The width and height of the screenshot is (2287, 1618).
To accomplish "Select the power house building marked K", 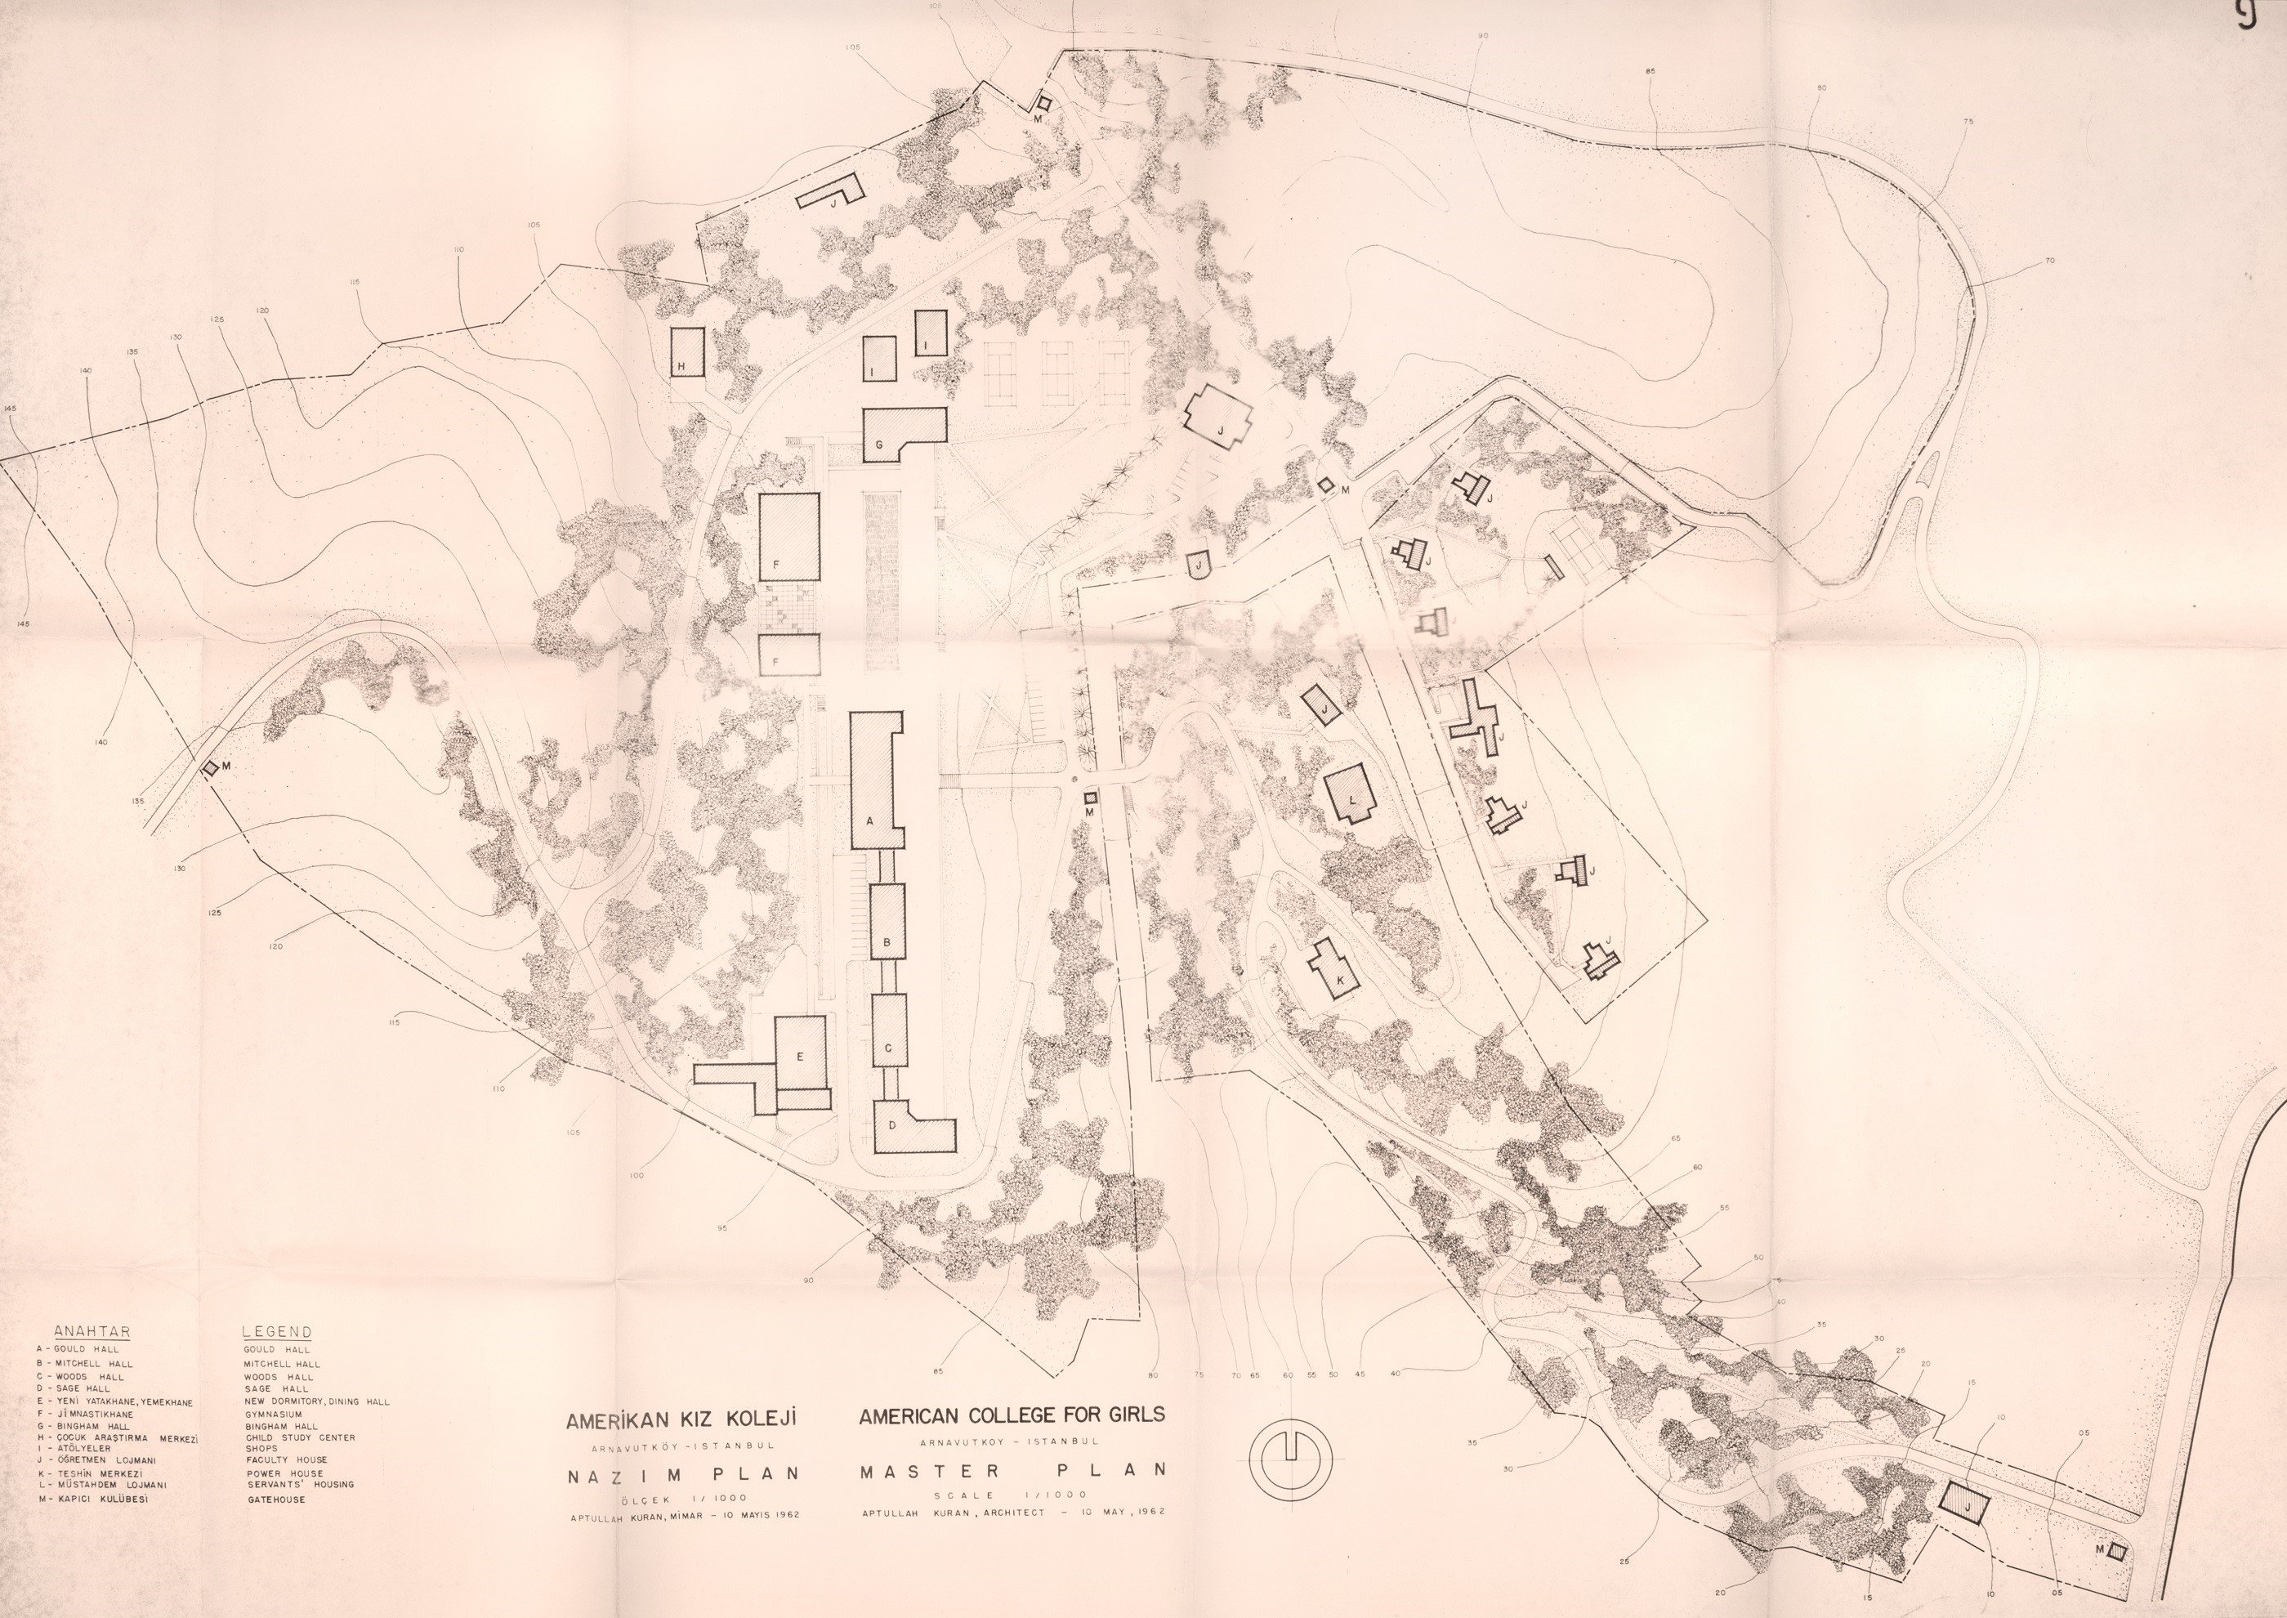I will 1333,968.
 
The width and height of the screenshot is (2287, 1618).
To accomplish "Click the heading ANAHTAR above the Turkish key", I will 92,1332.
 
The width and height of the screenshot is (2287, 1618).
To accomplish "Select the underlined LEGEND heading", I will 277,1332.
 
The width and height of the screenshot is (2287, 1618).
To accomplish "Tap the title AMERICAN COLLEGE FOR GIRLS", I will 1011,1415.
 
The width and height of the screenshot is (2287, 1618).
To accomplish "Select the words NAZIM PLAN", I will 685,1476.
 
